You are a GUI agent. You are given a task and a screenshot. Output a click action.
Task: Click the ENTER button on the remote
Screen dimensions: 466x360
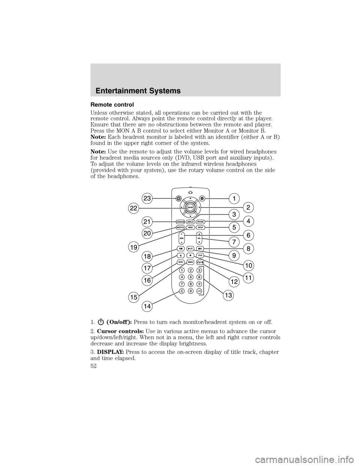(190, 207)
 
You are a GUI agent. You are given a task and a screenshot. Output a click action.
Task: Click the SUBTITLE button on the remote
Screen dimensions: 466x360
(180, 228)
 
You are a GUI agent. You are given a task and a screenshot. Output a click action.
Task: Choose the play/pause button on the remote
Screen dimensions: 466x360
(190, 248)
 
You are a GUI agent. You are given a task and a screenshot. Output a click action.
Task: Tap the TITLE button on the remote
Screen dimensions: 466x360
(200, 255)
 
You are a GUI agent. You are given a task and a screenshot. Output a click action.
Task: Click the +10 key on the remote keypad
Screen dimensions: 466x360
(199, 291)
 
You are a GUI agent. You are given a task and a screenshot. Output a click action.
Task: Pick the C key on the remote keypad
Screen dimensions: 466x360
(181, 291)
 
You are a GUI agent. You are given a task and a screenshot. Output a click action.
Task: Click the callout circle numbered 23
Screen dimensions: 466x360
(147, 198)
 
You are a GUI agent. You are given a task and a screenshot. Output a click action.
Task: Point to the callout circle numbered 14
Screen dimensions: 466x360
(147, 307)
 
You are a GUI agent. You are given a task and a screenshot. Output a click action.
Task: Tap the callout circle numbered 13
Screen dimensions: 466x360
(228, 295)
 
